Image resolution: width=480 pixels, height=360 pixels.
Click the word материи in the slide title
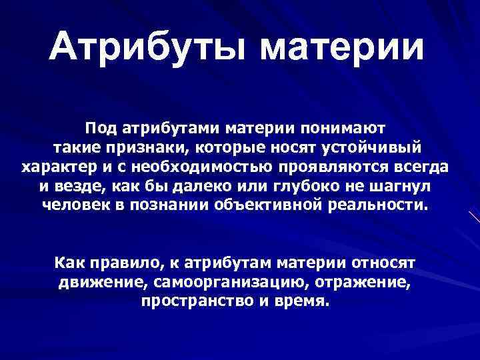(x=339, y=49)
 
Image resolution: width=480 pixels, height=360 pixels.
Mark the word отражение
(x=363, y=281)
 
